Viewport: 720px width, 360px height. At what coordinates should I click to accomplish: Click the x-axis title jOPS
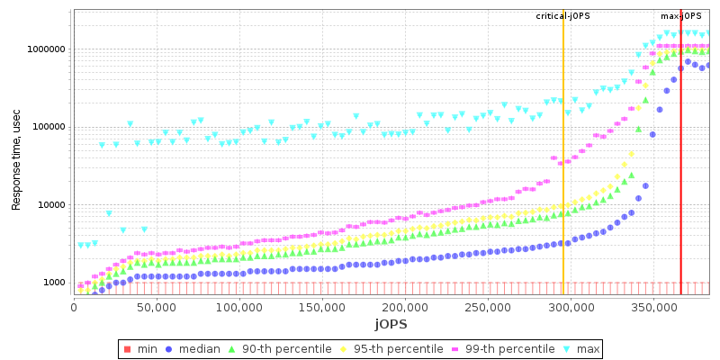coord(391,323)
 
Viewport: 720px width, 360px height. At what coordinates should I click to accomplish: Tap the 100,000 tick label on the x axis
coord(239,308)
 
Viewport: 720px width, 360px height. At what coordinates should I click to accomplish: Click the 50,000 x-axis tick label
coord(157,308)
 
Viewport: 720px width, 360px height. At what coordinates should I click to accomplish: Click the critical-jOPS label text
coord(563,16)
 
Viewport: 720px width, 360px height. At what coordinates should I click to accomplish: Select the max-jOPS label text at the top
coord(680,16)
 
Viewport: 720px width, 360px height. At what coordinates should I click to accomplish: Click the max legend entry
coord(580,348)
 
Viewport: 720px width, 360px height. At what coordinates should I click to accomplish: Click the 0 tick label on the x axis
coord(74,308)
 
